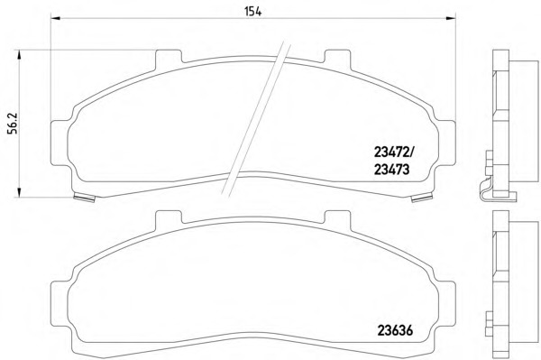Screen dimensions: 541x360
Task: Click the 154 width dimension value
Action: click(x=252, y=12)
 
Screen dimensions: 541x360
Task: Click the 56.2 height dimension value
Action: click(x=13, y=124)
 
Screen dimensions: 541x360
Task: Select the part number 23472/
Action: click(x=394, y=152)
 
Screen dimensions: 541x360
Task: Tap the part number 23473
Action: click(x=392, y=170)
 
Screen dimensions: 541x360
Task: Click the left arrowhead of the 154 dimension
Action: click(x=55, y=18)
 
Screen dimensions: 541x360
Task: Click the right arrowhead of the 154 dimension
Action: click(x=451, y=18)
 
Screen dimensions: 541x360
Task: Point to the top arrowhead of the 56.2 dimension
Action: click(x=19, y=54)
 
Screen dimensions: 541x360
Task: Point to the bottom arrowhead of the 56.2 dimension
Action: click(x=19, y=192)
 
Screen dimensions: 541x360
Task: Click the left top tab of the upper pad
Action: click(x=169, y=58)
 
